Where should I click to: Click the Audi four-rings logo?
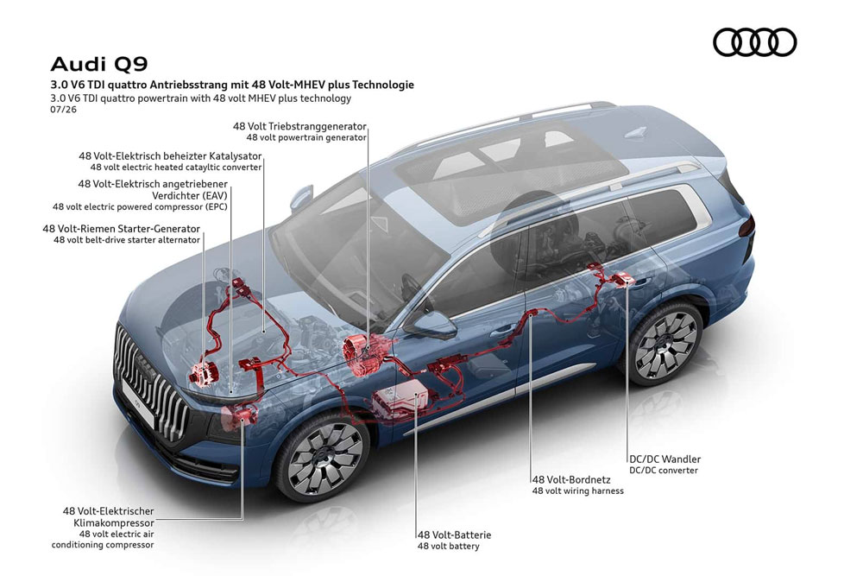[754, 42]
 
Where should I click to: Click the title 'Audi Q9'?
[99, 65]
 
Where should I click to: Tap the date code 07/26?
[63, 109]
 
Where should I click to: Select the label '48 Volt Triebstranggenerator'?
[299, 126]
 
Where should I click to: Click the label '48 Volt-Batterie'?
[454, 535]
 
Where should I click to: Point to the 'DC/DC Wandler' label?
[665, 459]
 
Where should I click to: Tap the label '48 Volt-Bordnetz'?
[570, 479]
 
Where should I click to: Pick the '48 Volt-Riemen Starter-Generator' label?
[122, 229]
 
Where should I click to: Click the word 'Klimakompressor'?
[114, 522]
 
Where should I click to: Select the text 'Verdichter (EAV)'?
[189, 195]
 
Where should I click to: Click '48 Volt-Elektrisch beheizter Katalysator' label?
[170, 156]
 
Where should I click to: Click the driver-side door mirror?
[433, 325]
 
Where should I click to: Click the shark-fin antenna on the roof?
[638, 132]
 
